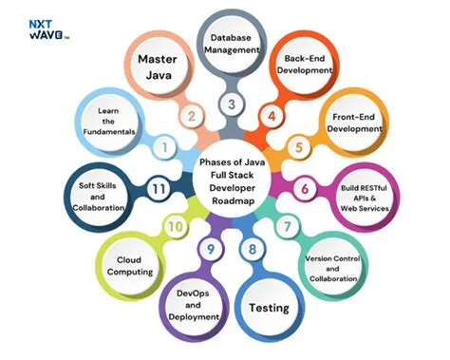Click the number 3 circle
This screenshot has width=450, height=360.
230,104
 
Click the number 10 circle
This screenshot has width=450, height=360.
174,228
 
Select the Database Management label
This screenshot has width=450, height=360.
229,45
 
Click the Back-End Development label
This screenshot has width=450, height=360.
302,66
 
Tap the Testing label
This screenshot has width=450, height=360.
269,309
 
